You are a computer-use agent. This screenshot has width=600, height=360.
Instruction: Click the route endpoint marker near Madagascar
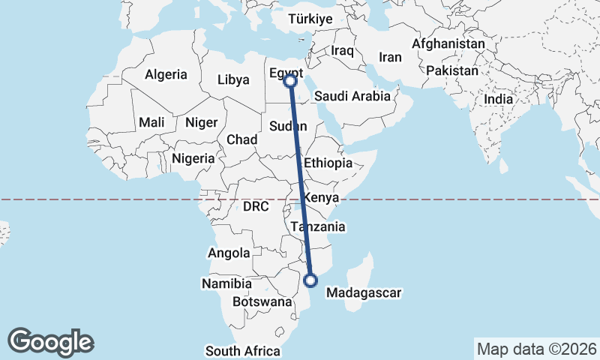(310, 280)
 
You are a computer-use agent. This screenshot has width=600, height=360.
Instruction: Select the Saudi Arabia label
(352, 96)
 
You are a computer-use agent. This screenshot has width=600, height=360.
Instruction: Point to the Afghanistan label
(448, 43)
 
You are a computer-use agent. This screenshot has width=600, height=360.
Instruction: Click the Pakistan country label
(452, 71)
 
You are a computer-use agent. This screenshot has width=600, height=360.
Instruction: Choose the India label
(499, 99)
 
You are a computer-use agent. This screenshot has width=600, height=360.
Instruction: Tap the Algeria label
(165, 74)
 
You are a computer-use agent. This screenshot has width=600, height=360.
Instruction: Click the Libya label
(233, 79)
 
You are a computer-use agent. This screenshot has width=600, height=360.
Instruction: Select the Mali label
(151, 122)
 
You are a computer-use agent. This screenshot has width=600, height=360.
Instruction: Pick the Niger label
(201, 122)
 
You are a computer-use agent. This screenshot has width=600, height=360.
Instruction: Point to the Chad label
(242, 139)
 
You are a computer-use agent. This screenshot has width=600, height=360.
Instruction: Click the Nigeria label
(193, 158)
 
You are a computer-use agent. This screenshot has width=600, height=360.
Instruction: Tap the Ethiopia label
(328, 163)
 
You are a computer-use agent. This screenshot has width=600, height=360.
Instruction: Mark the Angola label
(229, 253)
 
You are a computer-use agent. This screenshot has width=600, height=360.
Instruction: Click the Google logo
(50, 341)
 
